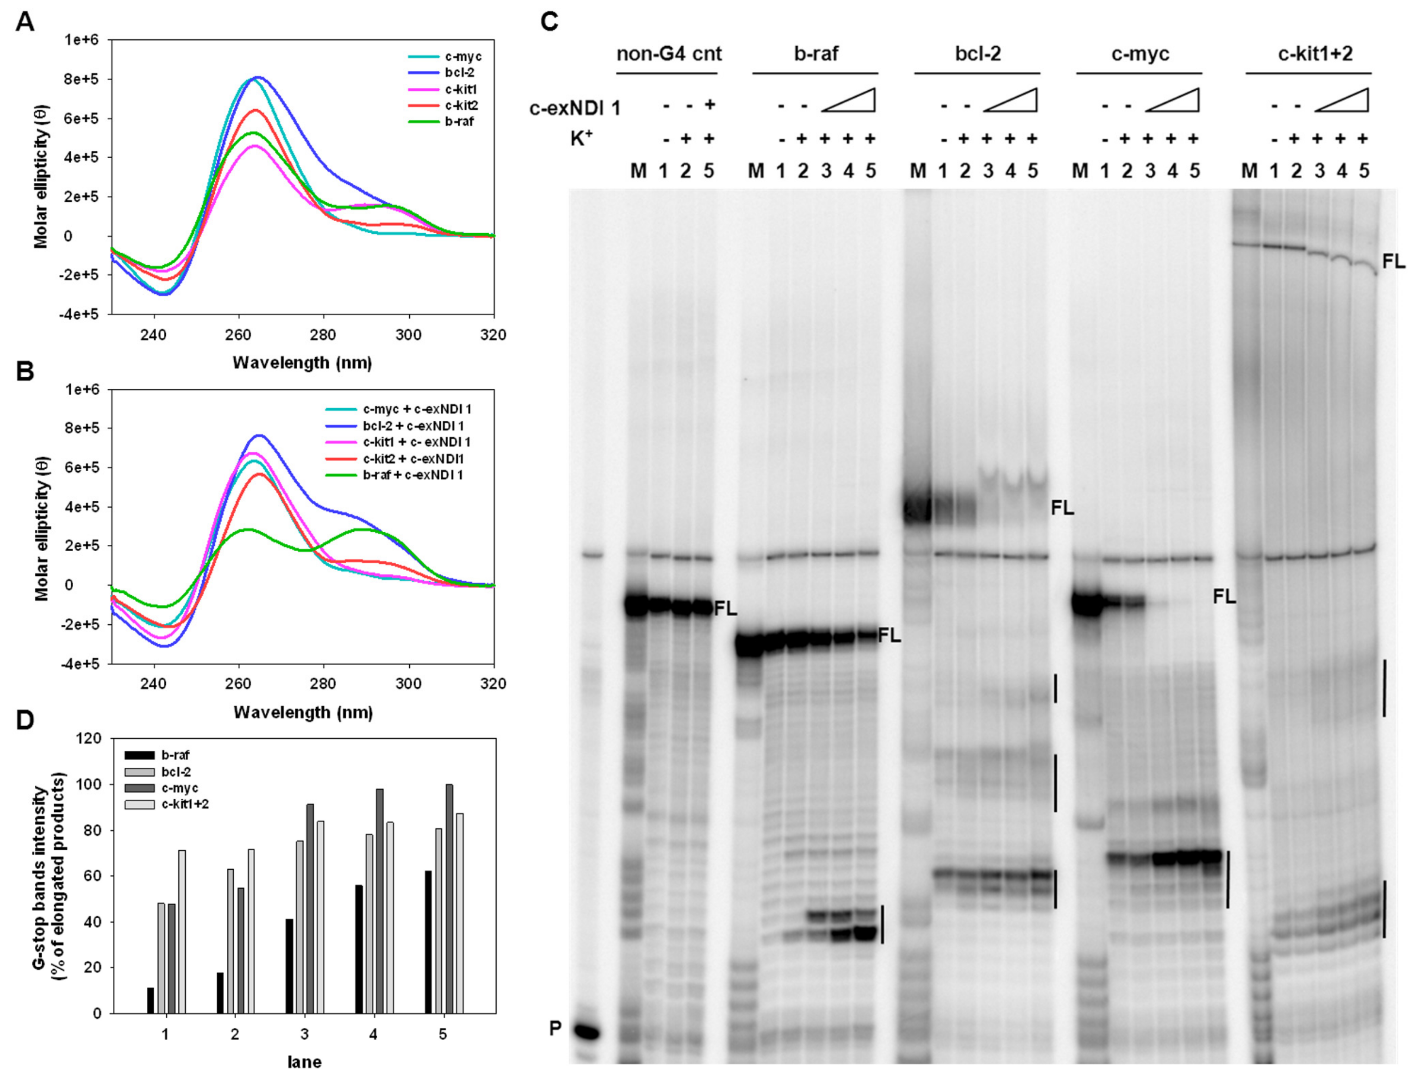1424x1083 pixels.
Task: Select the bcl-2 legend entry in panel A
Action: pos(458,73)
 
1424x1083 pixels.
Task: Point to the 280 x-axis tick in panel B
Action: pos(324,683)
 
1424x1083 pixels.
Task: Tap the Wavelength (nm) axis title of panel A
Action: pos(302,362)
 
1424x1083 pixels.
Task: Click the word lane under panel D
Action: pos(304,1062)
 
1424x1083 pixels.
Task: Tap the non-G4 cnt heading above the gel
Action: pos(668,54)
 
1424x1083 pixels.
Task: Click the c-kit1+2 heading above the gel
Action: pos(1315,54)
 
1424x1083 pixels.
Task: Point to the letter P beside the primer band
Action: pos(555,1029)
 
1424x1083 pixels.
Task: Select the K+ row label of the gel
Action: pos(581,138)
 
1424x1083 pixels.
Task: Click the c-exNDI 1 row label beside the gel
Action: pos(575,108)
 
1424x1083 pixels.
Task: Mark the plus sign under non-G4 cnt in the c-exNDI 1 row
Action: pos(710,105)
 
